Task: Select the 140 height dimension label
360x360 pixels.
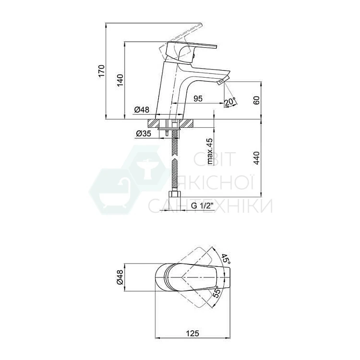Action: click(120, 80)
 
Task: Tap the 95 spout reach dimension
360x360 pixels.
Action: click(198, 98)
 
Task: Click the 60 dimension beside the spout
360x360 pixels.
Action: click(256, 100)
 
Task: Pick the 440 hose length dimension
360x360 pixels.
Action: click(256, 158)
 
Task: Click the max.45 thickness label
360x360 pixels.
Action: click(210, 151)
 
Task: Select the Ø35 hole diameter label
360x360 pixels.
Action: click(144, 133)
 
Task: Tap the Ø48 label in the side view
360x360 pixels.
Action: click(142, 110)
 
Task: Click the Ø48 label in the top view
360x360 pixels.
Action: click(120, 277)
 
